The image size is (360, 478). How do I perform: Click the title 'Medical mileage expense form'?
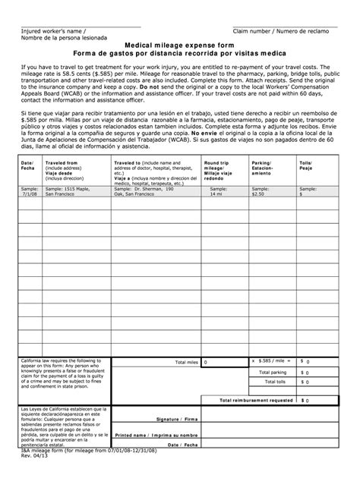(x=180, y=45)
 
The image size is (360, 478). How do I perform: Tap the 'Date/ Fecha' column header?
(x=27, y=165)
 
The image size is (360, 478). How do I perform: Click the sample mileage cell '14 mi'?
(x=217, y=193)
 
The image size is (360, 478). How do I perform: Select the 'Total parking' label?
(x=273, y=373)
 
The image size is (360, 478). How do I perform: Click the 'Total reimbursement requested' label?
(x=256, y=399)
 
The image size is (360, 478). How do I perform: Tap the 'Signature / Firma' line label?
(x=177, y=418)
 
